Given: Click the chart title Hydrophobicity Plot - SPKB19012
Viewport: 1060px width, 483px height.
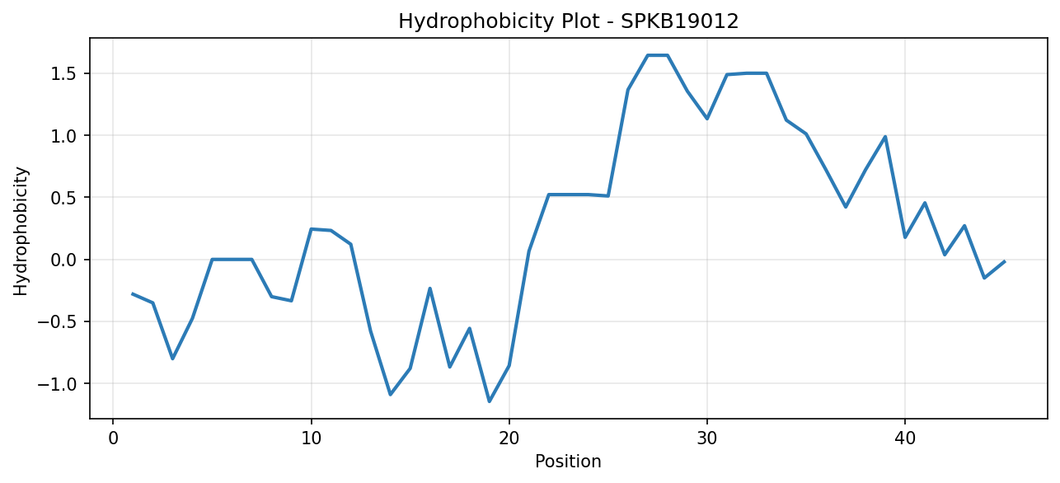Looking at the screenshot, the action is (x=569, y=21).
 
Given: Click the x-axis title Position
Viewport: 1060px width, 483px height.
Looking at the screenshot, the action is (x=568, y=462).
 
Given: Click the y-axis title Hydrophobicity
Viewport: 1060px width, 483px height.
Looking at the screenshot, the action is (x=21, y=232).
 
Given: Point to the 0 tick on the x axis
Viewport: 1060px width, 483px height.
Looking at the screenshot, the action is (x=113, y=438).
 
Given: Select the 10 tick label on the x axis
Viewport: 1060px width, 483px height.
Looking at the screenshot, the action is (x=311, y=438).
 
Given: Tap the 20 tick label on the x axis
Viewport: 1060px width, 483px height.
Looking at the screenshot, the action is (x=509, y=438).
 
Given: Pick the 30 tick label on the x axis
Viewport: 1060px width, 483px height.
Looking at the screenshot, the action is (x=707, y=438).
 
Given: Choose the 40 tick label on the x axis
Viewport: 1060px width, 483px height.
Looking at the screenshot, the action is (x=905, y=438).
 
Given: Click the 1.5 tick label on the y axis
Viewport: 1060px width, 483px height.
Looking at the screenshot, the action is (x=64, y=74).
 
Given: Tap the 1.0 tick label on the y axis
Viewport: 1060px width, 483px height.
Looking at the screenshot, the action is (x=64, y=136).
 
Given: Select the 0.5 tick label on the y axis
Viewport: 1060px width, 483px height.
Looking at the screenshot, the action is (x=64, y=198).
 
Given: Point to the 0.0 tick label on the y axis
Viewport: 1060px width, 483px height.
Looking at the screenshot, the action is (x=64, y=260).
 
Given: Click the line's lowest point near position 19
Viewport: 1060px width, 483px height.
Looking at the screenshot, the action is (x=490, y=401).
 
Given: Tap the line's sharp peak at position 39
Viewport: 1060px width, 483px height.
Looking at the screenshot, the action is (x=885, y=137).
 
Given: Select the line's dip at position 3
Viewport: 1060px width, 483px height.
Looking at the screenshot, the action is (x=173, y=359).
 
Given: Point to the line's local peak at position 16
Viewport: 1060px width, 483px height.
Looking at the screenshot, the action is (x=429, y=288).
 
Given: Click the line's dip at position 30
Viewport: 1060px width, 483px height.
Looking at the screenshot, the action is (x=707, y=119).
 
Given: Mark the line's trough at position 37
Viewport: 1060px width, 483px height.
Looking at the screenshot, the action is (x=846, y=207).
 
